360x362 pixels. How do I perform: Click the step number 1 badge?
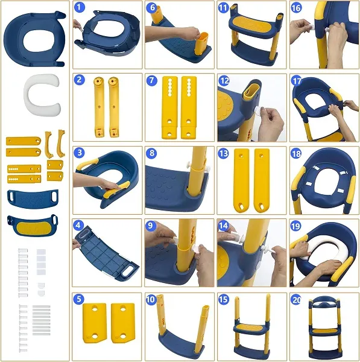point(79,7)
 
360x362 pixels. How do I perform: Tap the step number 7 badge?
point(151,81)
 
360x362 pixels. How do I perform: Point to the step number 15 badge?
point(223,299)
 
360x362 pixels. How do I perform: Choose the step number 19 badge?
point(296,226)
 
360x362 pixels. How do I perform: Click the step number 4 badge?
point(78,225)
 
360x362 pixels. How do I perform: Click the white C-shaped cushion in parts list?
point(42,95)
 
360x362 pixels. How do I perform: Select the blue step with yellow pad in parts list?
point(33,225)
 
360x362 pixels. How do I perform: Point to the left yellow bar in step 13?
point(241,180)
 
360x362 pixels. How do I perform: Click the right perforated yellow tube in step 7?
point(189,107)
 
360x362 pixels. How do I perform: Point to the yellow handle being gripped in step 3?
point(116,189)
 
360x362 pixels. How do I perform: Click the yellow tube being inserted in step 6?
point(201,43)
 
